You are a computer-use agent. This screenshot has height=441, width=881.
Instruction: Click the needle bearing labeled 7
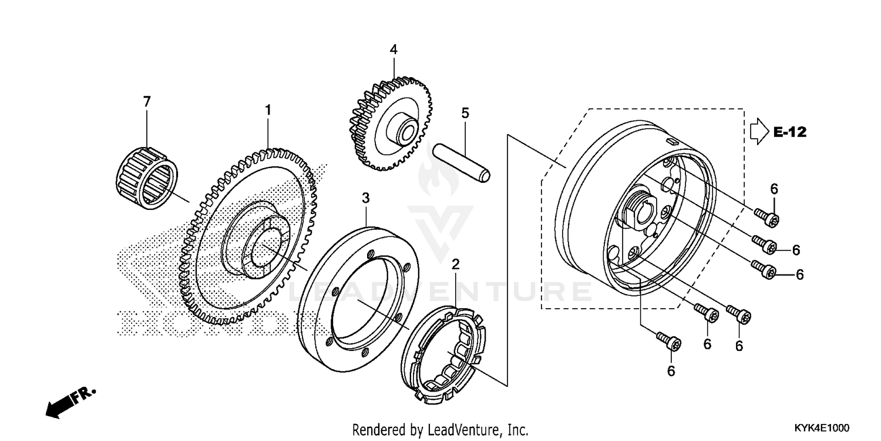(x=148, y=178)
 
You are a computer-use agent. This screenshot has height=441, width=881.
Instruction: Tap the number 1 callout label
(x=268, y=110)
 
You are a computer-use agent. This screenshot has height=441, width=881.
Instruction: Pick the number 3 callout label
(x=365, y=199)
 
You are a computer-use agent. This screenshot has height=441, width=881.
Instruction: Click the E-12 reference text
(x=789, y=132)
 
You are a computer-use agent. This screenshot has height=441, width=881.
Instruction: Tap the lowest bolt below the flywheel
(x=668, y=340)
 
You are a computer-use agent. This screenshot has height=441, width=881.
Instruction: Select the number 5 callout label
(x=465, y=113)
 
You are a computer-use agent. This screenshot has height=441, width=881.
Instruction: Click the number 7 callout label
(x=147, y=102)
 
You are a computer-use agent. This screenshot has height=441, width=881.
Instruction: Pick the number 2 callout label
(x=455, y=265)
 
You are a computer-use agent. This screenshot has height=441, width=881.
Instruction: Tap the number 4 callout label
(x=394, y=50)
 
